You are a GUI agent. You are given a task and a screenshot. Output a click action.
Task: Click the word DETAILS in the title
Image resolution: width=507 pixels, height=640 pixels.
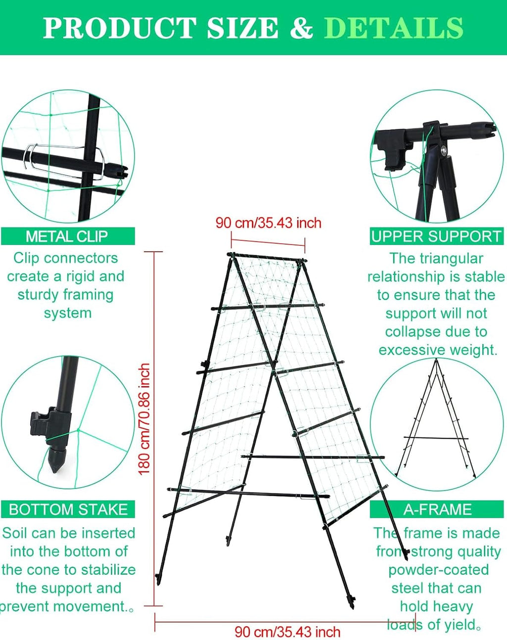(x=394, y=28)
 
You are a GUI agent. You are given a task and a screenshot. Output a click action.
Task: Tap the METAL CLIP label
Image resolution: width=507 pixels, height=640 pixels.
(x=67, y=236)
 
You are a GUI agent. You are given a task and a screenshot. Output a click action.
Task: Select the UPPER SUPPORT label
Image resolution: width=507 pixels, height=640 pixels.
(x=436, y=236)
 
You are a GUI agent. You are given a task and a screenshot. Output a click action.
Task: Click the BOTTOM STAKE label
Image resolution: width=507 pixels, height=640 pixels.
(x=68, y=509)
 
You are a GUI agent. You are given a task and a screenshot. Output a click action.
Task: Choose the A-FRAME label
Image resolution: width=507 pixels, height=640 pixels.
(x=437, y=509)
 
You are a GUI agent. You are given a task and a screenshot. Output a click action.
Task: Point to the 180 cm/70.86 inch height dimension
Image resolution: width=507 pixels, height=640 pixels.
(x=144, y=419)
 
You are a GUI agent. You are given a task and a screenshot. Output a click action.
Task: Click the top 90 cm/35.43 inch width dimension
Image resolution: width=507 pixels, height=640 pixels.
(x=268, y=223)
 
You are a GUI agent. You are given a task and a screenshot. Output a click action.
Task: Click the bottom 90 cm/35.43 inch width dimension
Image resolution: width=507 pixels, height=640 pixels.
(x=287, y=632)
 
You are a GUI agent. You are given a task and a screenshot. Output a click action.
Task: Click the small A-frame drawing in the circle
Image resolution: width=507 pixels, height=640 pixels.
(x=436, y=421)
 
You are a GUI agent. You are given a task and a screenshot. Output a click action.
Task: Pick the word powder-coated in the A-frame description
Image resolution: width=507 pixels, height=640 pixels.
(x=438, y=570)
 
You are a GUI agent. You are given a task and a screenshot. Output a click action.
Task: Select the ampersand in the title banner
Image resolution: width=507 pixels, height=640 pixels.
(x=301, y=28)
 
